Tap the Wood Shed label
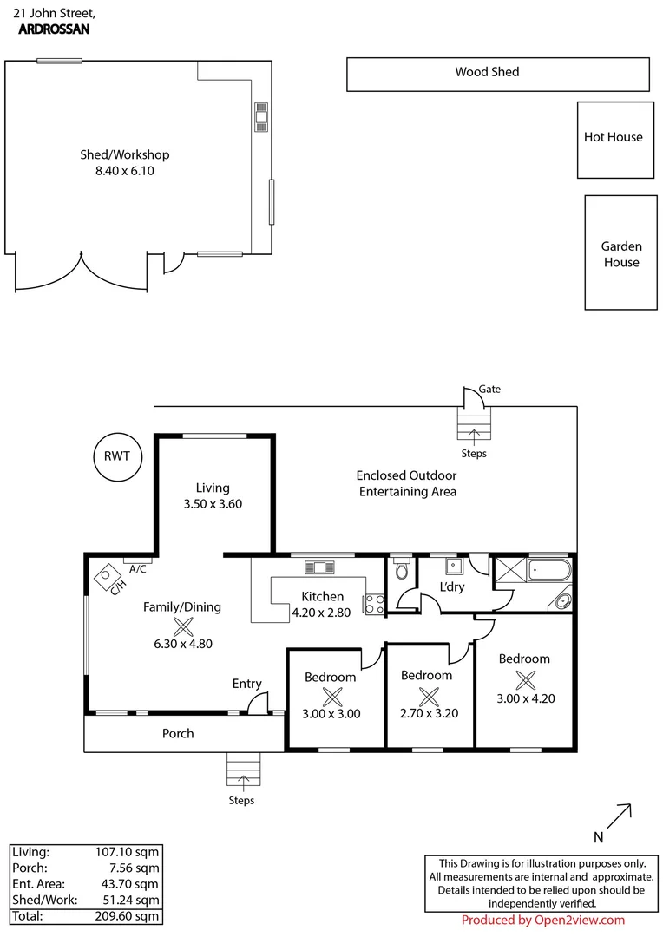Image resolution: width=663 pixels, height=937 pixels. point(487,72)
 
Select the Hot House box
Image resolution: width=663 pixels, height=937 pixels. point(614,139)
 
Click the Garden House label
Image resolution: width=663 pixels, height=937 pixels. point(620,254)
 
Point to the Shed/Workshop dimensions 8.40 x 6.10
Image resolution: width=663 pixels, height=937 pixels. point(125,171)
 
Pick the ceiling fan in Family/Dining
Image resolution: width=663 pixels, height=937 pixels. point(183,626)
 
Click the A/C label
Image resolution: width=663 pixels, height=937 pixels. point(137,569)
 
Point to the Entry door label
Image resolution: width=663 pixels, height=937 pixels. point(246,684)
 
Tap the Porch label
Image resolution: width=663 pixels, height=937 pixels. point(178,733)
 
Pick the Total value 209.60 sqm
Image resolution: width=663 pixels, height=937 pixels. point(127,915)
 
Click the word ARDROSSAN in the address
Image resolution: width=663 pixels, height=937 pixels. point(53,29)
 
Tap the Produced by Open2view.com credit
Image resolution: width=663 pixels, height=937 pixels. point(542,921)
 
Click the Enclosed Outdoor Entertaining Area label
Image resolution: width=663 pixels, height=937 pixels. point(406,483)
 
